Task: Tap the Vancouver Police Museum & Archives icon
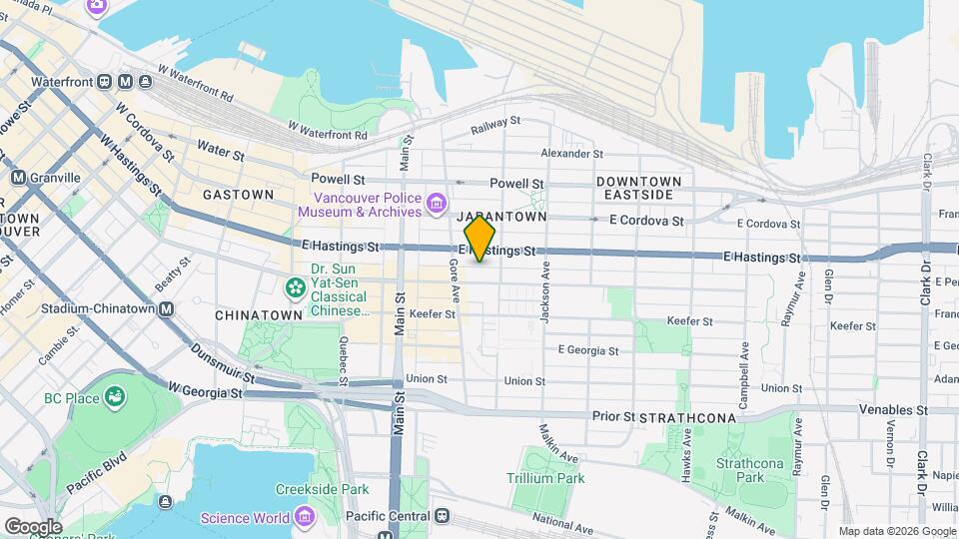click(436, 205)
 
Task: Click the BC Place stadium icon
click(117, 397)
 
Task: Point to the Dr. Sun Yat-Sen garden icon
click(295, 288)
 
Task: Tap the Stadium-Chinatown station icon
click(166, 308)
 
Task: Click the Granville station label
click(57, 177)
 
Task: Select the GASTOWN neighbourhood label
click(238, 195)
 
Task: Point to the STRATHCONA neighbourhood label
click(687, 417)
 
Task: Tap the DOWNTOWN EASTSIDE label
click(639, 188)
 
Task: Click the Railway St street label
click(496, 121)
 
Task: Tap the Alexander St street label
click(571, 153)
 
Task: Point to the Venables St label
click(893, 409)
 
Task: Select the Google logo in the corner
click(33, 526)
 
